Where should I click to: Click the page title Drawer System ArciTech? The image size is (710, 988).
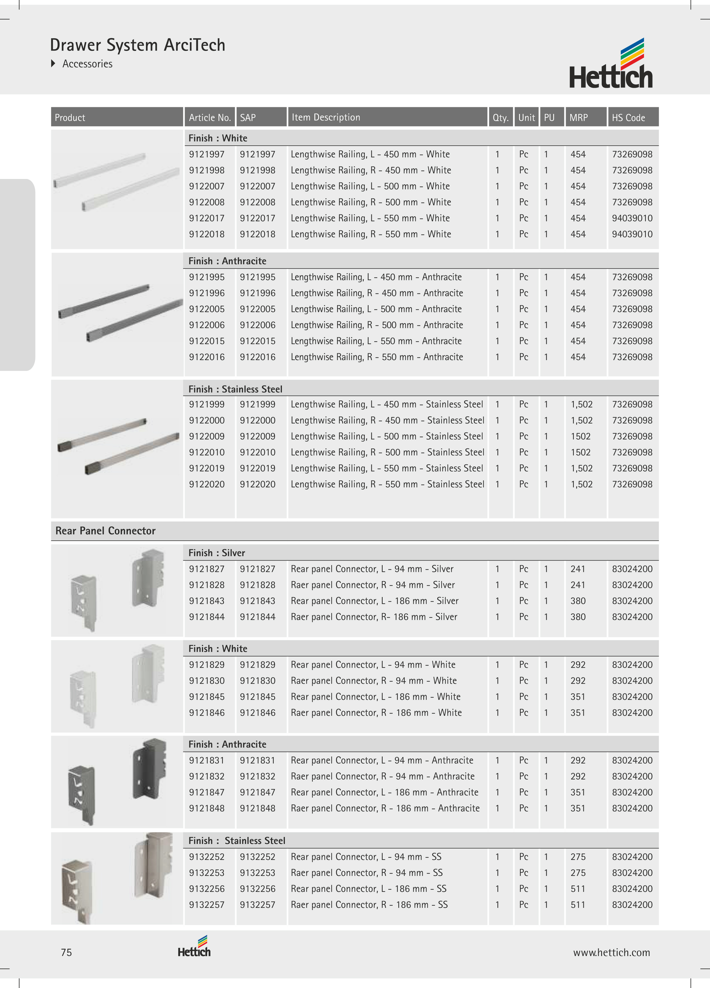pyautogui.click(x=138, y=45)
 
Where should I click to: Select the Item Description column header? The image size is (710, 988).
pyautogui.click(x=326, y=117)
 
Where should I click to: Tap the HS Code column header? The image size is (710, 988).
pyautogui.click(x=628, y=118)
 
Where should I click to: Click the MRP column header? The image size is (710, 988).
pyautogui.click(x=578, y=118)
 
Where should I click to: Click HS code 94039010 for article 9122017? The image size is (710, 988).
pyautogui.click(x=632, y=218)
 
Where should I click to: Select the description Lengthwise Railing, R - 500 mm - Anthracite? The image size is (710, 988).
pyautogui.click(x=377, y=325)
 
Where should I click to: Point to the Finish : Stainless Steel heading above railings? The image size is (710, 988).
pyautogui.click(x=235, y=389)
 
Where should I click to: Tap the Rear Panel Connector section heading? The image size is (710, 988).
pyautogui.click(x=105, y=531)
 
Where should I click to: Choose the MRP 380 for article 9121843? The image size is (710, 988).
pyautogui.click(x=578, y=601)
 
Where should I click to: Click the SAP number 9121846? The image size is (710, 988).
pyautogui.click(x=258, y=713)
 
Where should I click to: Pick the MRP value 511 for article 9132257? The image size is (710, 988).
pyautogui.click(x=578, y=905)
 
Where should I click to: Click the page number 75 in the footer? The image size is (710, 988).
pyautogui.click(x=66, y=952)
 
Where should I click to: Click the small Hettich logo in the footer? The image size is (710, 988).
pyautogui.click(x=194, y=947)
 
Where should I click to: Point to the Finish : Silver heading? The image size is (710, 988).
pyautogui.click(x=216, y=553)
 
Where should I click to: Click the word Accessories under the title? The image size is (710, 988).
pyautogui.click(x=87, y=64)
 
